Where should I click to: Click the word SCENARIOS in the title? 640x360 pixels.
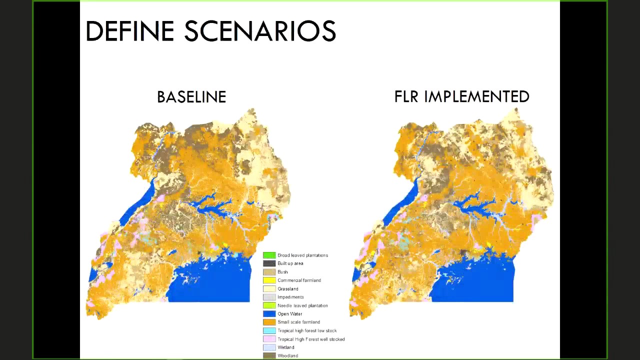point(260,31)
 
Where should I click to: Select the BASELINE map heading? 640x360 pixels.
point(191,97)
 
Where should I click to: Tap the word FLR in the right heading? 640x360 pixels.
point(406,96)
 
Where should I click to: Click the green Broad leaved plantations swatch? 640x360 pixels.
point(269,255)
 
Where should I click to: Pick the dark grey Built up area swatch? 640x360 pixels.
point(269,263)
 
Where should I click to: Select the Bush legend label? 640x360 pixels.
point(282,272)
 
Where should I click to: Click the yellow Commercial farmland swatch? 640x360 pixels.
point(269,280)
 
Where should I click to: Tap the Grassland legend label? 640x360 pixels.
point(287,289)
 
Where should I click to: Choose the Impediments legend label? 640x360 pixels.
point(290,297)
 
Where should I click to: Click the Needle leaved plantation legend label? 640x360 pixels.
point(302,305)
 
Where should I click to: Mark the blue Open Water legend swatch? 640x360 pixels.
point(269,314)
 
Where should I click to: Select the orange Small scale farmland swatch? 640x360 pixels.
point(269,322)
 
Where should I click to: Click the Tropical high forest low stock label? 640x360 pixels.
point(307,330)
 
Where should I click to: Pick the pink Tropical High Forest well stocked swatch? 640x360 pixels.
point(269,339)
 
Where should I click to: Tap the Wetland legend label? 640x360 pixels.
point(285,347)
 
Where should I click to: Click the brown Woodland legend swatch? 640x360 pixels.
point(269,355)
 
